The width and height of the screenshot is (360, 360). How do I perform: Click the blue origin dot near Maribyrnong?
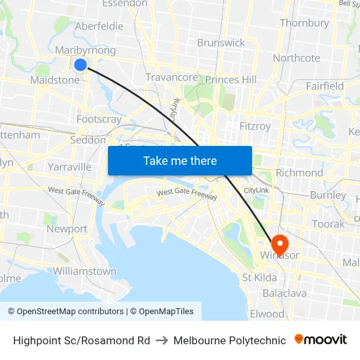(81, 64)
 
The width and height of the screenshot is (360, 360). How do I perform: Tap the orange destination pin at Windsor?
(279, 245)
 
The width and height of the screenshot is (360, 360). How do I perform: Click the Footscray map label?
(99, 119)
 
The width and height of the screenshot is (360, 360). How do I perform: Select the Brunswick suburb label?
(221, 43)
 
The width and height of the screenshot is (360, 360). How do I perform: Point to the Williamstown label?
(84, 271)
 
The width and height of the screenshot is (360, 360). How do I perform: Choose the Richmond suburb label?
(299, 173)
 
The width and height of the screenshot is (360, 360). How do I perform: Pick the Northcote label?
(297, 58)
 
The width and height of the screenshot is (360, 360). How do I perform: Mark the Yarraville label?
(69, 167)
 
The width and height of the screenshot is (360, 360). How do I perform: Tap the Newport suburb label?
(67, 229)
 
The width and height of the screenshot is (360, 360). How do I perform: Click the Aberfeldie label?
(99, 26)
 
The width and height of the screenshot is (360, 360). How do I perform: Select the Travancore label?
(171, 77)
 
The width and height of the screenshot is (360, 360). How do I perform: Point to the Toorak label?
(328, 224)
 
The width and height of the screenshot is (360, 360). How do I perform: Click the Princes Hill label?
(231, 79)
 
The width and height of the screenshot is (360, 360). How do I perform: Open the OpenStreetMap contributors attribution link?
(65, 312)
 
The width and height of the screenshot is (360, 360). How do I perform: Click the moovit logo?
(321, 340)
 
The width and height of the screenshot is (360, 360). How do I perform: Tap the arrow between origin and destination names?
(162, 340)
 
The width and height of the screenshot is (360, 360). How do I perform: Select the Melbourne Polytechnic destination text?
(229, 340)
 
